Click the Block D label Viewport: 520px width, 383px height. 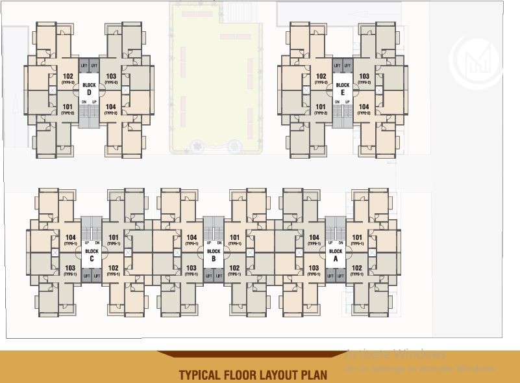pyautogui.click(x=90, y=88)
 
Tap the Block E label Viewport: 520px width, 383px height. pyautogui.click(x=343, y=88)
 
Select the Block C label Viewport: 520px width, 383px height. pyautogui.click(x=92, y=254)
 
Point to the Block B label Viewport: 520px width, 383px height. pyautogui.click(x=214, y=254)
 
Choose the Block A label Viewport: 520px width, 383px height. pyautogui.click(x=336, y=254)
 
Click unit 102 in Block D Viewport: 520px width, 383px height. pyautogui.click(x=68, y=77)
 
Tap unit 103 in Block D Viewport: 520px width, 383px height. pyautogui.click(x=111, y=77)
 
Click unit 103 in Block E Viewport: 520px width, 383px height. pyautogui.click(x=364, y=77)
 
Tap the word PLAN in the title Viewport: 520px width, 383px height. pyautogui.click(x=312, y=375)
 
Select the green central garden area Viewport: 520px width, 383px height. pyautogui.click(x=214, y=78)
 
